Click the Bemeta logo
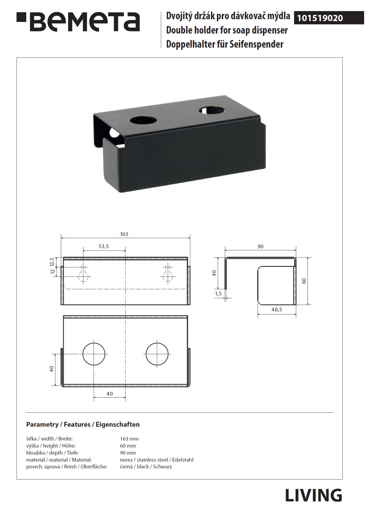(x=78, y=22)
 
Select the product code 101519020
(x=320, y=18)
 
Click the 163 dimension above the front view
(x=124, y=234)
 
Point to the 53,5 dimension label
(x=104, y=246)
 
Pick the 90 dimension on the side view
(x=260, y=246)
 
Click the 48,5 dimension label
(x=277, y=310)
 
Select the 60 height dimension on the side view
(x=304, y=281)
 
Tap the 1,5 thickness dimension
(x=219, y=293)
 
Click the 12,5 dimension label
(x=52, y=262)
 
